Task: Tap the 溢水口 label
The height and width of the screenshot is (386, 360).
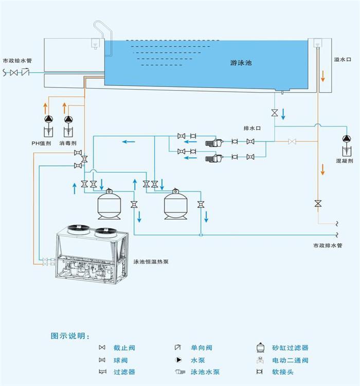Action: tap(342, 60)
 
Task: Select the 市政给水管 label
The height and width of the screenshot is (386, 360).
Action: tap(17, 61)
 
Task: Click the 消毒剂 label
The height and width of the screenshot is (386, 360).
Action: tap(68, 143)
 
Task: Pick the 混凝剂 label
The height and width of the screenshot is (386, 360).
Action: tap(344, 161)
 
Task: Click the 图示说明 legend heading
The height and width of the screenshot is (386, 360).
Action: tap(70, 336)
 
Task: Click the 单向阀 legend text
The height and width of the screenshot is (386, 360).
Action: tap(202, 348)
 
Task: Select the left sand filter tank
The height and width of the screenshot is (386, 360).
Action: tap(109, 203)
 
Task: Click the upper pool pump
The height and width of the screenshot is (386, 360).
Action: tap(213, 142)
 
